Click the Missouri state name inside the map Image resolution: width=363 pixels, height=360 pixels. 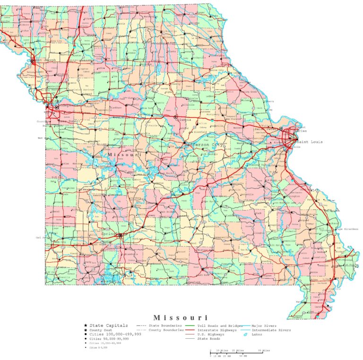[x=124, y=154]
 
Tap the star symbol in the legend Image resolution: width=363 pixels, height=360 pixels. [x=86, y=326]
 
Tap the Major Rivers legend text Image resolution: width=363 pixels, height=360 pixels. [x=265, y=326]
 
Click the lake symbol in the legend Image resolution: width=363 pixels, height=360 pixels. [x=245, y=334]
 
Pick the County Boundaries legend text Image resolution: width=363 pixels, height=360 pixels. [x=166, y=330]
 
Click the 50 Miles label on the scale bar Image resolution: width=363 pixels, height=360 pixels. [x=264, y=351]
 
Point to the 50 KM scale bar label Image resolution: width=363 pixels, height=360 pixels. [x=243, y=355]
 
